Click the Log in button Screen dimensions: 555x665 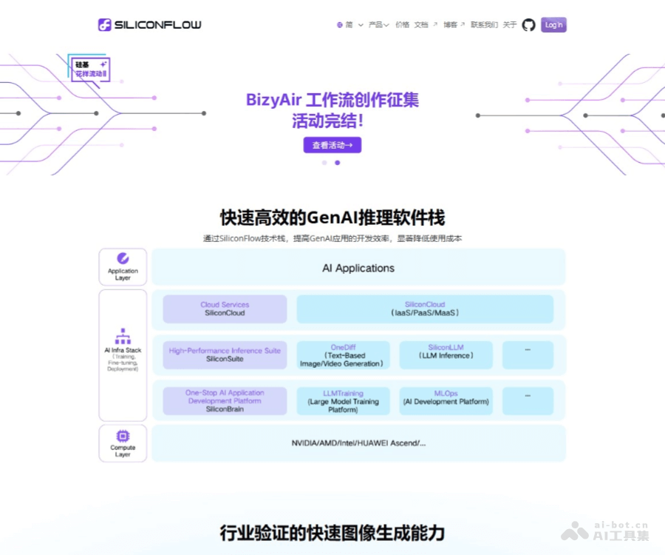[553, 25]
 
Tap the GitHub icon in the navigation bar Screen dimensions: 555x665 [528, 25]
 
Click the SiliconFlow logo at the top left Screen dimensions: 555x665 [150, 25]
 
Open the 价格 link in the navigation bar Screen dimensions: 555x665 [402, 25]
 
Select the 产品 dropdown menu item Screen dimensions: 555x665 [378, 25]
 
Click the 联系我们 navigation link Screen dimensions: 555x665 [484, 25]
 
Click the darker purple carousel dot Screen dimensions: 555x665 [338, 163]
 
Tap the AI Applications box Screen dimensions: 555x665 [358, 268]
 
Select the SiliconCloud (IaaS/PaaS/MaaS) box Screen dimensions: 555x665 [425, 309]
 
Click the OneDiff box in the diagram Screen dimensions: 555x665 [342, 355]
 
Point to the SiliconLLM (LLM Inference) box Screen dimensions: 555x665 [446, 355]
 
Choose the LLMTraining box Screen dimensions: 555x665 [342, 401]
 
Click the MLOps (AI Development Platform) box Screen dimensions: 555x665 [446, 400]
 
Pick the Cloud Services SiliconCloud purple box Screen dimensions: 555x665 [225, 309]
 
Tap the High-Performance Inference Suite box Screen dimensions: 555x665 [225, 355]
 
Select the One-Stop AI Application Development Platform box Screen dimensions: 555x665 [225, 400]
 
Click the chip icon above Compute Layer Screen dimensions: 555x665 [123, 436]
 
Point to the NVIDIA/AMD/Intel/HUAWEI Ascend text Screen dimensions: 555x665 [358, 443]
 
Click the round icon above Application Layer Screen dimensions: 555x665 [123, 258]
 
